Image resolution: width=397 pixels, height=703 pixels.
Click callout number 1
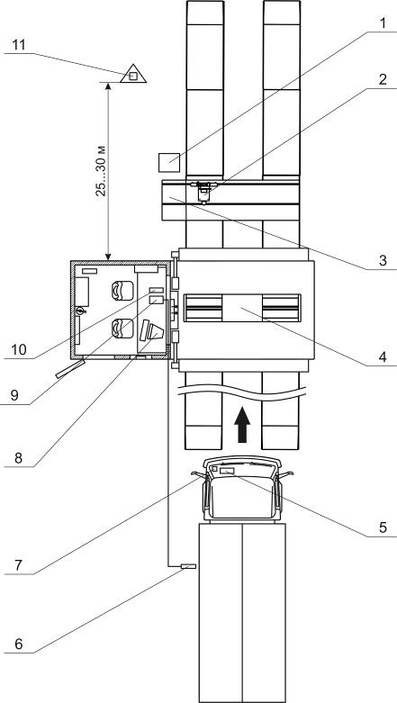(383, 23)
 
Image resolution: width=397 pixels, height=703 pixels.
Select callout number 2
(383, 80)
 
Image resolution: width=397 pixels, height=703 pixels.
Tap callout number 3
(383, 260)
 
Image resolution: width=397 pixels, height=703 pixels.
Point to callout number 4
(383, 356)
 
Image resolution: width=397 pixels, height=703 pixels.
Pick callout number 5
(383, 527)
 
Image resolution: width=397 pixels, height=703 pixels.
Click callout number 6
(18, 644)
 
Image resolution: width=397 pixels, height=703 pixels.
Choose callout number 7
(18, 565)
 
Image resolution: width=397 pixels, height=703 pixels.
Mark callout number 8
(18, 458)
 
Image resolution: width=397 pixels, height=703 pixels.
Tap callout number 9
(14, 396)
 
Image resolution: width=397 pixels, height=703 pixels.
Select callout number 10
(18, 350)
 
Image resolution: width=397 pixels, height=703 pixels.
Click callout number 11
(19, 45)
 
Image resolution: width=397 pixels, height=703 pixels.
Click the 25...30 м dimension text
(102, 171)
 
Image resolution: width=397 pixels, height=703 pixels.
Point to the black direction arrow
(242, 425)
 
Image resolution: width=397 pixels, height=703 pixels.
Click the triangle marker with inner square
(133, 75)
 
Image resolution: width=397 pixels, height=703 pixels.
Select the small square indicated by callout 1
(169, 162)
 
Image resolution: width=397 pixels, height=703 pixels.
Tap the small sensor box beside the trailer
(188, 567)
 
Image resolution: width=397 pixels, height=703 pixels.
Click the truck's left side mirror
(198, 474)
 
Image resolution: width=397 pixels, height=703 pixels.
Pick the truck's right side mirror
(285, 474)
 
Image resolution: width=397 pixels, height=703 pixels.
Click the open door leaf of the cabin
(70, 369)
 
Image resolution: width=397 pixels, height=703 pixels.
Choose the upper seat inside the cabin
(122, 291)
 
